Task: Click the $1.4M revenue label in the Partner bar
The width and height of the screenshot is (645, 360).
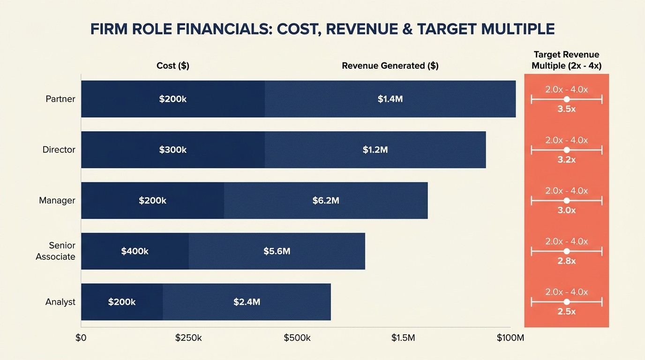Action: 390,99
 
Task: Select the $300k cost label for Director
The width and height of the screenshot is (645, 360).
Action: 172,150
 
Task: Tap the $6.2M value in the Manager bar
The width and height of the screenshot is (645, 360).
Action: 326,201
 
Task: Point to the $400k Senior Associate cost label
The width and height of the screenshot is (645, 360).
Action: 135,251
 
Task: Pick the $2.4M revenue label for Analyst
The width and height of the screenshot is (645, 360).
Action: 247,302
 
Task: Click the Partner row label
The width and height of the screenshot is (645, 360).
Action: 60,99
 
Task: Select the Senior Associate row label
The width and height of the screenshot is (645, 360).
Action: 56,251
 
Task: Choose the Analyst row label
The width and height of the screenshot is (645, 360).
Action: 60,302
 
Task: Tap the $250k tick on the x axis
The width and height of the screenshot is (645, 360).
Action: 188,338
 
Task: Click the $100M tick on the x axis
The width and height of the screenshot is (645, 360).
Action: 510,338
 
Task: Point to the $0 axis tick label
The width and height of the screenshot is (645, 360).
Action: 81,338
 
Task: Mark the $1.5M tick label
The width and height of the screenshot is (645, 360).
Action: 403,338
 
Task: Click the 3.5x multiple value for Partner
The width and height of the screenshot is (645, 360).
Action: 566,109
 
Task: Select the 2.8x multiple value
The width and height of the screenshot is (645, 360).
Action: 566,261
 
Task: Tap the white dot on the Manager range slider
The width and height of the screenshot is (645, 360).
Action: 566,201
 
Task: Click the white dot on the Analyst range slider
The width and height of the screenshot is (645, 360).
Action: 566,302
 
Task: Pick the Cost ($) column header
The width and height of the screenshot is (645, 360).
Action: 172,66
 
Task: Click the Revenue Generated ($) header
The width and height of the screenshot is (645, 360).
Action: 390,66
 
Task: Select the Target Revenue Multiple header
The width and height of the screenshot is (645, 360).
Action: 566,60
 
